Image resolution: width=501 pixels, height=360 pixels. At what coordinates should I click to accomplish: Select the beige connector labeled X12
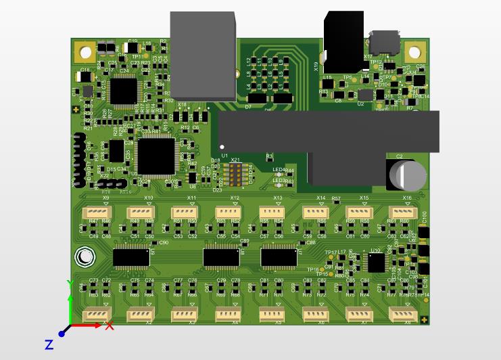click(226, 212)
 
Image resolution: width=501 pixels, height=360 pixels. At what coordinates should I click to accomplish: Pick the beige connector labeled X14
click(314, 212)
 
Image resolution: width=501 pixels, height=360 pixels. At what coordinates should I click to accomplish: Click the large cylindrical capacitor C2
click(407, 174)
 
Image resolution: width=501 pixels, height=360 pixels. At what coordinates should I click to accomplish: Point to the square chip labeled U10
click(375, 263)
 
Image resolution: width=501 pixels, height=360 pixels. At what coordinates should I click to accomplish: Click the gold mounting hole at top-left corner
click(86, 52)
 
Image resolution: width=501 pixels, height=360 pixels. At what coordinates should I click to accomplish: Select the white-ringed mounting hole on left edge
click(85, 256)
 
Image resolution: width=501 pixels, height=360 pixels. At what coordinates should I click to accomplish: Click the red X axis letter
click(110, 325)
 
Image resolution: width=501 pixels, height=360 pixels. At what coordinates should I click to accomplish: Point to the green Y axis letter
click(69, 284)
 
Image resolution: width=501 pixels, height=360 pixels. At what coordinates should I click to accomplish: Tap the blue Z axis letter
click(49, 345)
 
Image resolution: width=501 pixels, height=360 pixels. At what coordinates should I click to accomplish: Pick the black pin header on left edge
click(78, 160)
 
